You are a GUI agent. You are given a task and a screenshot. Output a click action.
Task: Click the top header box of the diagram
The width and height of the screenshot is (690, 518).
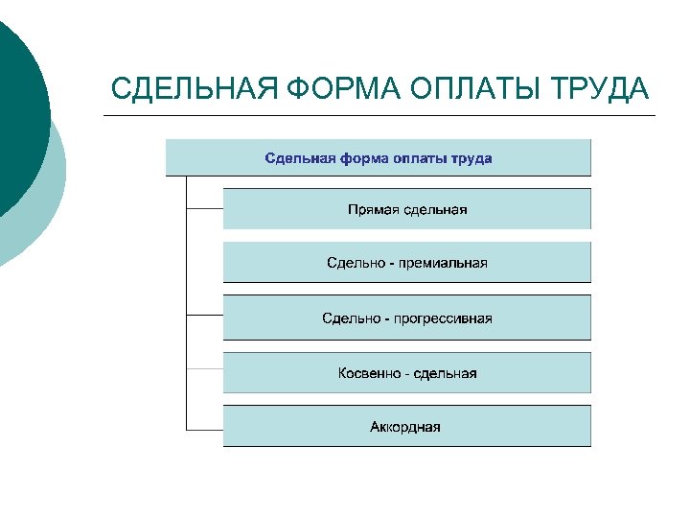click(379, 157)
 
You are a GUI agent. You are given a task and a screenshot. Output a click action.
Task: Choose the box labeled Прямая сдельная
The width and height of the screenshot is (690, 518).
click(407, 208)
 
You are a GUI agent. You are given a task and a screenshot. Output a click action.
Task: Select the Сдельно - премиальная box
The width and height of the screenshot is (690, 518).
click(407, 262)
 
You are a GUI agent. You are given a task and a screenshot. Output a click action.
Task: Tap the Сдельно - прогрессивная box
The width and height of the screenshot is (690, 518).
click(407, 317)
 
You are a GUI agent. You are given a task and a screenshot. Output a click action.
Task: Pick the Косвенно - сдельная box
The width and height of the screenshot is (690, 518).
click(407, 372)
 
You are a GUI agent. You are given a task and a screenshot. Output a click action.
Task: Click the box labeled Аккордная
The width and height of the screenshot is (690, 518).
click(407, 426)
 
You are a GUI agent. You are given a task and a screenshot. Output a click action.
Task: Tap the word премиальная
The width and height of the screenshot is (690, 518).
click(445, 262)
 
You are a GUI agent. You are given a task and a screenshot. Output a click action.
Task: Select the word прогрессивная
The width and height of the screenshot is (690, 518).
click(448, 318)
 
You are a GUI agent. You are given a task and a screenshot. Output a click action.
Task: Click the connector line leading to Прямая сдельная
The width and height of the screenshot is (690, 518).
click(204, 207)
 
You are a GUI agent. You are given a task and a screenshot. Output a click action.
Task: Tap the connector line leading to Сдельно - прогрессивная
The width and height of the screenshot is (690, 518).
click(204, 316)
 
